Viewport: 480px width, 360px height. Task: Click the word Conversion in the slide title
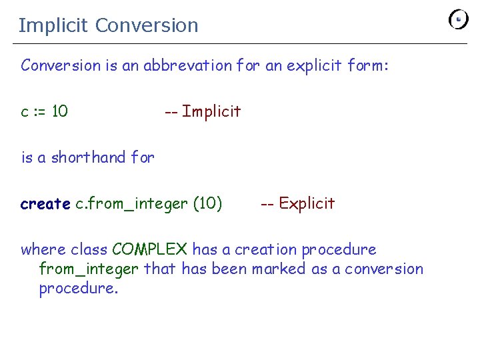point(147,26)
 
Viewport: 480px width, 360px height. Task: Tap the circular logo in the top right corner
point(459,19)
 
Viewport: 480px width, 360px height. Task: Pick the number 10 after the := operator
point(60,111)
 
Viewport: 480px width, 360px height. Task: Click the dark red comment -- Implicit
point(203,111)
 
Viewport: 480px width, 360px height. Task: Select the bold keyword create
point(45,203)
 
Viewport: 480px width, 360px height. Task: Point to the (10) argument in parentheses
point(207,203)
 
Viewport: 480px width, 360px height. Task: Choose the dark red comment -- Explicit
point(297,203)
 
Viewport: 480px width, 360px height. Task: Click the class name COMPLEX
point(150,250)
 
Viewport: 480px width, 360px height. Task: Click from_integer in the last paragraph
point(89,269)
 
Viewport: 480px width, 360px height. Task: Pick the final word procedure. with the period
point(79,289)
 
